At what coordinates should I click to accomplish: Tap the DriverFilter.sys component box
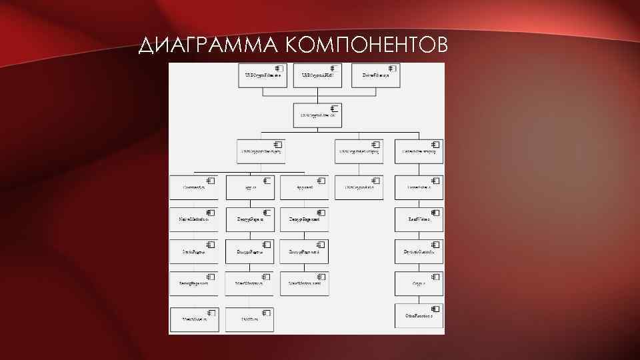click(x=375, y=77)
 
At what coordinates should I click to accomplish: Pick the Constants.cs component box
click(x=194, y=187)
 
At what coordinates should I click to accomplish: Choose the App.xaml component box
click(x=305, y=187)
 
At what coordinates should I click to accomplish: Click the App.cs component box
click(x=250, y=187)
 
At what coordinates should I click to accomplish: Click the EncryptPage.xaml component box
click(x=305, y=251)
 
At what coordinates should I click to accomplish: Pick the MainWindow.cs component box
click(x=250, y=283)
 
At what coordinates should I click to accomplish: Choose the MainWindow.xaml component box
click(x=305, y=283)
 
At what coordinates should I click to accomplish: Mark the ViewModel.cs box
click(x=194, y=319)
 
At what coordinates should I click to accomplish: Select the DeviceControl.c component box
click(x=419, y=251)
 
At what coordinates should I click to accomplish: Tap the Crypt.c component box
click(x=419, y=283)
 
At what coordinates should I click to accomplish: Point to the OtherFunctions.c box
click(x=419, y=315)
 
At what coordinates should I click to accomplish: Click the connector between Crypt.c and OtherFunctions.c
click(x=419, y=299)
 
